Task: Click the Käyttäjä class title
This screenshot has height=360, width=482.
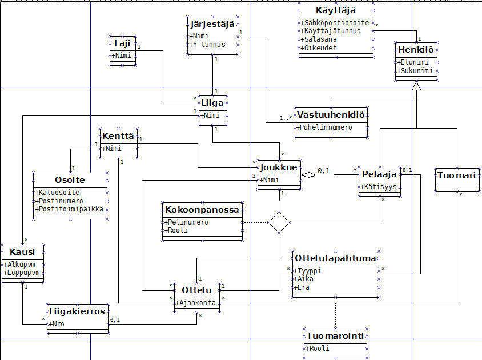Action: coord(335,11)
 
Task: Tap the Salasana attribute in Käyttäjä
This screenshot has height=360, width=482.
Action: coord(320,39)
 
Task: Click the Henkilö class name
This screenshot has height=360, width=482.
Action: coord(416,50)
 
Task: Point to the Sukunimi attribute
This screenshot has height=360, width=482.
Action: coord(417,71)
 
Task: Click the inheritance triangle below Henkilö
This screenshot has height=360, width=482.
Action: coord(416,86)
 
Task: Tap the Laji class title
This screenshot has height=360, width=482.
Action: coord(122,43)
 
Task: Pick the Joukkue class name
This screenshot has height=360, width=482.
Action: coord(279,167)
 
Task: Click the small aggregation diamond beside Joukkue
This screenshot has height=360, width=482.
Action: coord(309,175)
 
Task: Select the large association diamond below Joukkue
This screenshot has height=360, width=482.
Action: coord(279,222)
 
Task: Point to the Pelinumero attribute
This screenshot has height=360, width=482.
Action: coord(187,222)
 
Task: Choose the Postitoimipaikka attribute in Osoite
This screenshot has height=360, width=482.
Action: coord(71,209)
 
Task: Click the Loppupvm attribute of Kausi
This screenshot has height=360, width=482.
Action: coord(23,273)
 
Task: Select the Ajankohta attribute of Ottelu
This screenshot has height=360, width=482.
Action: coord(198,303)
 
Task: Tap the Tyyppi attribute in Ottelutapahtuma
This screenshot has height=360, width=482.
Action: coord(308,270)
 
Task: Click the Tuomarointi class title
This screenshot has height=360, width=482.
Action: coord(335,335)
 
